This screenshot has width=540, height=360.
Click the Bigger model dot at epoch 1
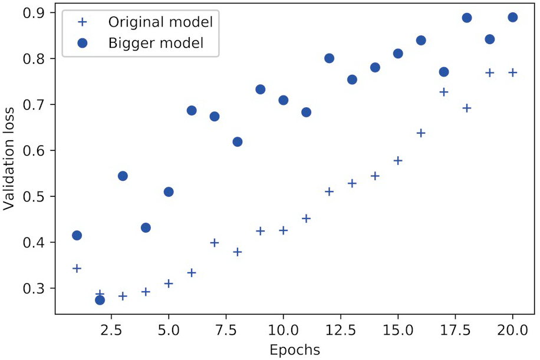pyautogui.click(x=77, y=236)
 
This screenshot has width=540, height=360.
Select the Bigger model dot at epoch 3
pyautogui.click(x=123, y=176)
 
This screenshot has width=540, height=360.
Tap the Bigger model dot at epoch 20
pyautogui.click(x=512, y=18)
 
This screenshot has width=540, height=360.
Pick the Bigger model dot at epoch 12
pyautogui.click(x=329, y=58)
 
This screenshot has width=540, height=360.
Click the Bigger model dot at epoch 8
pyautogui.click(x=238, y=142)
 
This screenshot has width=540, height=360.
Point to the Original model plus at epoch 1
pyautogui.click(x=77, y=269)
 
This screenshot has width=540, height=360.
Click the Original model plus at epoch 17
pyautogui.click(x=444, y=92)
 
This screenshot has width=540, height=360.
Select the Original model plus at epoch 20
pyautogui.click(x=512, y=72)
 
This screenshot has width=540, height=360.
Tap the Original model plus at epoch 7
pyautogui.click(x=215, y=243)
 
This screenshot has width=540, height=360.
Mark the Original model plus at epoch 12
pyautogui.click(x=329, y=191)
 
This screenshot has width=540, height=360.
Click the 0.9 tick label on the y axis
pyautogui.click(x=37, y=13)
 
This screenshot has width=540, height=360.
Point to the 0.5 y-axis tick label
pyautogui.click(x=37, y=197)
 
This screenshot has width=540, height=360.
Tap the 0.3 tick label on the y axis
pyautogui.click(x=37, y=289)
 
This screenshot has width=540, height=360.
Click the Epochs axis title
pyautogui.click(x=295, y=350)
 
